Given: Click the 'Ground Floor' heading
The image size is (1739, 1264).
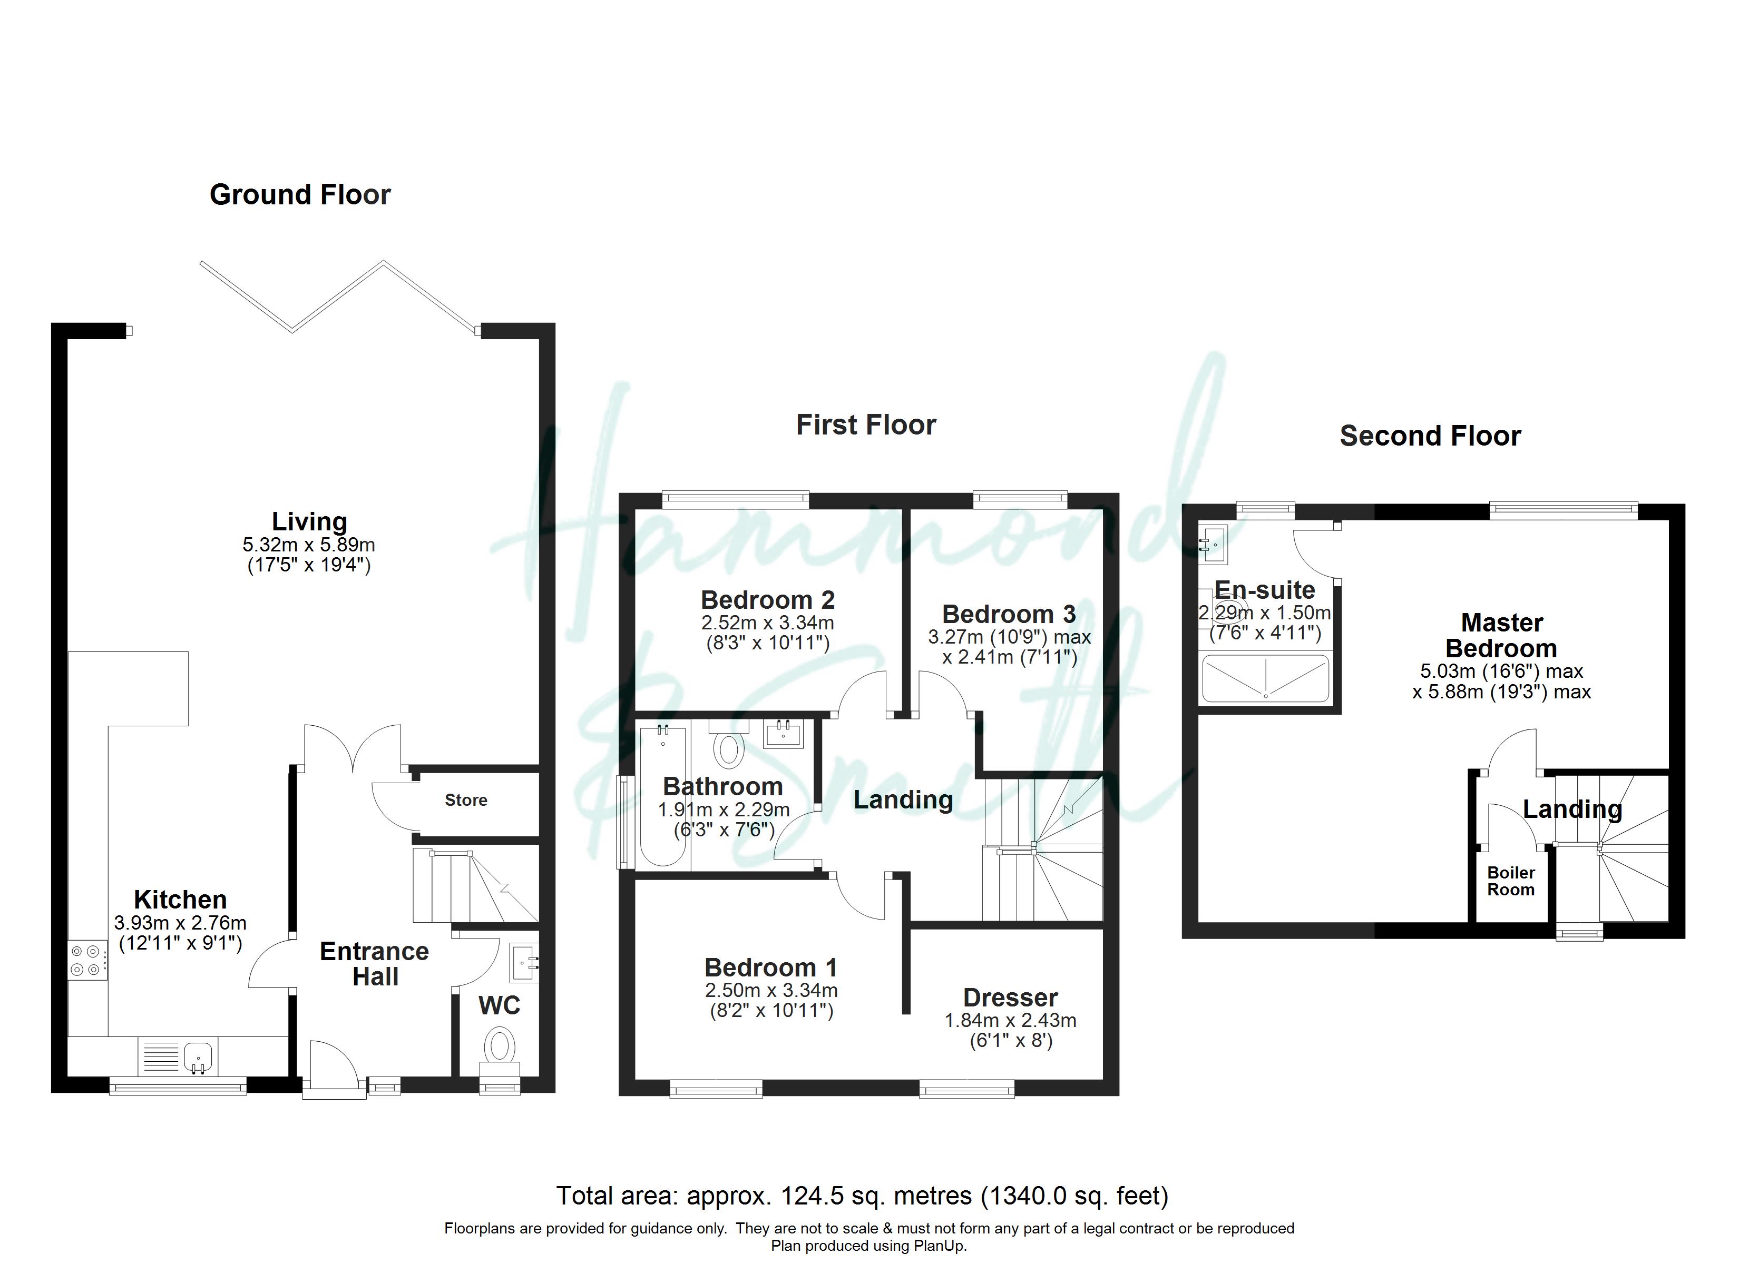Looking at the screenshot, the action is coord(300,195).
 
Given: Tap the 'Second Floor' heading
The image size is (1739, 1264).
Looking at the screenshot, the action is coord(1430,436).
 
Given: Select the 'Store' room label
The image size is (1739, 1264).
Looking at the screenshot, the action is coord(466,800).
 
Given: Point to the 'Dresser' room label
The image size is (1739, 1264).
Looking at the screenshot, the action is coord(1011,998).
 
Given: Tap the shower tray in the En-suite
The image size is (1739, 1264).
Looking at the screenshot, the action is coord(1265,678).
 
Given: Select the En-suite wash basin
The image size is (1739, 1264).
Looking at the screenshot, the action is coord(1213,544).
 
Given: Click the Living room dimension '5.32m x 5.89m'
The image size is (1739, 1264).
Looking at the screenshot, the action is coord(309,545).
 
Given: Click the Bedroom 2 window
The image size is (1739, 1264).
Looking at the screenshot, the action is coord(735,500).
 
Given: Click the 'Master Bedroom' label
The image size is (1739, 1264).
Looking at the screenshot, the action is coord(1501,636).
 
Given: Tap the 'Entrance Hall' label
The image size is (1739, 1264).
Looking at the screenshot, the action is coord(374,963).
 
